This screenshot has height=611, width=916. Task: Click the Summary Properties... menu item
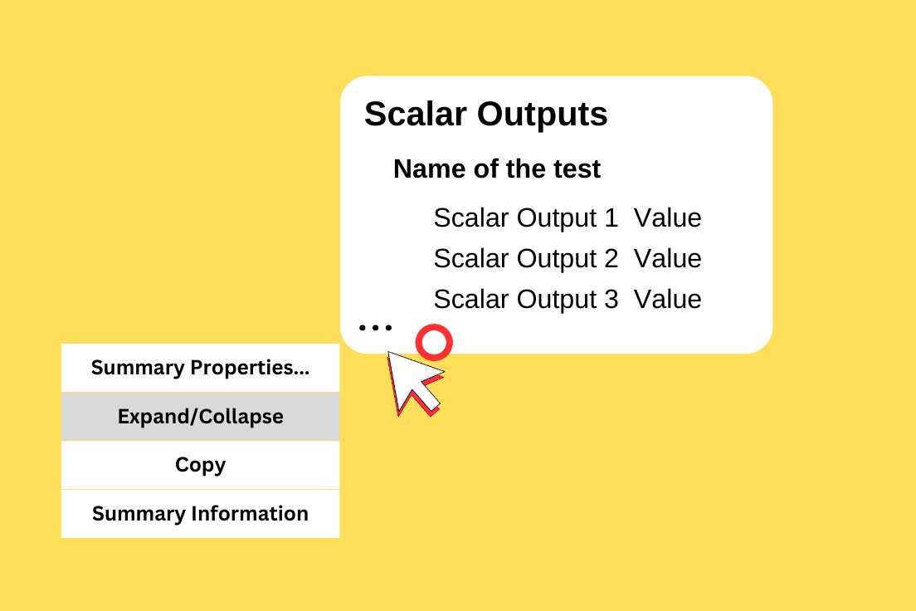tap(201, 368)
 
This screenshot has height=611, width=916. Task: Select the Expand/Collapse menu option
tap(201, 416)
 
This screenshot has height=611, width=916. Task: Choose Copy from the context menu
tap(201, 465)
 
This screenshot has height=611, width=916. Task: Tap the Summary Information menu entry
tap(201, 513)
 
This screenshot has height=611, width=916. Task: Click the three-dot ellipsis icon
tap(375, 327)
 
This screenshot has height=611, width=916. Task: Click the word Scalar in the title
tap(416, 114)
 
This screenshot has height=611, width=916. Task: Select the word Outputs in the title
tap(542, 115)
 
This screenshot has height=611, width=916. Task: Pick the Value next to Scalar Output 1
tap(668, 218)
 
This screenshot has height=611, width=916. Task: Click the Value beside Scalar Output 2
tap(668, 258)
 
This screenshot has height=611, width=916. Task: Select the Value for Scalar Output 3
tap(668, 300)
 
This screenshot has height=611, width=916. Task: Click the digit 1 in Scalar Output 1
tap(611, 218)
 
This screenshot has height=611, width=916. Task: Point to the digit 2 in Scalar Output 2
tap(611, 258)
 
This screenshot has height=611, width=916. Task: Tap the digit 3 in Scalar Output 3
tap(611, 300)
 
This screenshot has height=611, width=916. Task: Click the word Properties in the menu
tap(250, 368)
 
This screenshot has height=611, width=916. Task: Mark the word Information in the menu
tap(250, 513)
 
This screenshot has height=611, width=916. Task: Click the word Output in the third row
tap(557, 300)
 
